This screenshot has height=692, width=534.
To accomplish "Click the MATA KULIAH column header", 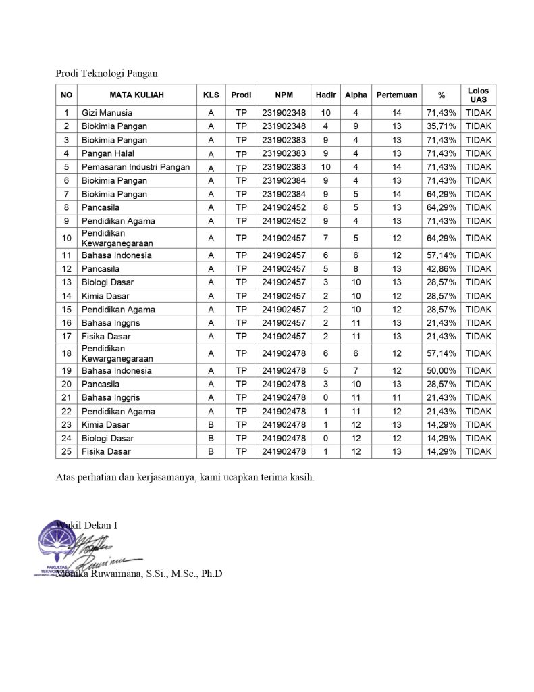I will point(136,95).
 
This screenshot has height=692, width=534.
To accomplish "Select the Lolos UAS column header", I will point(478,95).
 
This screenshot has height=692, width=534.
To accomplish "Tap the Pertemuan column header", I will point(396,95).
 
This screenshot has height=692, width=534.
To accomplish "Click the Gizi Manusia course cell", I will point(107,113).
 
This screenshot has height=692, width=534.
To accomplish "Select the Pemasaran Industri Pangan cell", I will point(135,167).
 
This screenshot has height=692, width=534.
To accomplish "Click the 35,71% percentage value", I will point(442,126).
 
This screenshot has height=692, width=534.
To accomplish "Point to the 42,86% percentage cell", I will point(442,269).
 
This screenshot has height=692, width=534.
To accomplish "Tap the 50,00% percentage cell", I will point(442,370).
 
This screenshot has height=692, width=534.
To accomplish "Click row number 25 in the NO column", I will point(66,451).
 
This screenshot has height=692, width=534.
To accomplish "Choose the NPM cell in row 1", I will point(284,113).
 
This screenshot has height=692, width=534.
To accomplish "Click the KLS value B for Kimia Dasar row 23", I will point(211,424).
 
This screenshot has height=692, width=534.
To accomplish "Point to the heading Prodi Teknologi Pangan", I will point(107,74).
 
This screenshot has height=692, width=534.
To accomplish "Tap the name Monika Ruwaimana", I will point(101,574).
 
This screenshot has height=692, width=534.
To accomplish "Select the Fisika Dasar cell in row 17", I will point(106,337).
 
